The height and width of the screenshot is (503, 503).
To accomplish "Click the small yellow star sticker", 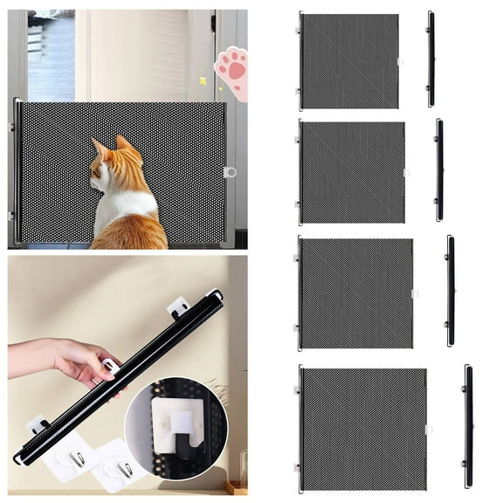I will point(203,80).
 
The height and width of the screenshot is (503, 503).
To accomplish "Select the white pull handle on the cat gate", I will point(230,172).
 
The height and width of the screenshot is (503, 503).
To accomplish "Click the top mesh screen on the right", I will point(349,61).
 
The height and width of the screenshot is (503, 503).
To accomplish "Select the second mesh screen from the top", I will point(352,172).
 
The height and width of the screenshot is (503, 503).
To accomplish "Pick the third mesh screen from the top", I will point(356,293).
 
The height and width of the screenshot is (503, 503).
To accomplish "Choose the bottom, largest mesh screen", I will point(363,428).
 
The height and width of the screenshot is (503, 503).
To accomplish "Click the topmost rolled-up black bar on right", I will point(431,59).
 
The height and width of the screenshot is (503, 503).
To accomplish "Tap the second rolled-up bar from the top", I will point(439,170).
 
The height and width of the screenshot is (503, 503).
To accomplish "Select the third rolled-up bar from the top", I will point(450,291).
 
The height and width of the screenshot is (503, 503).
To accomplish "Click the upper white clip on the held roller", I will point(178,307).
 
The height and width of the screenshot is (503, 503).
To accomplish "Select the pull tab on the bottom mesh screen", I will point(429,429).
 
